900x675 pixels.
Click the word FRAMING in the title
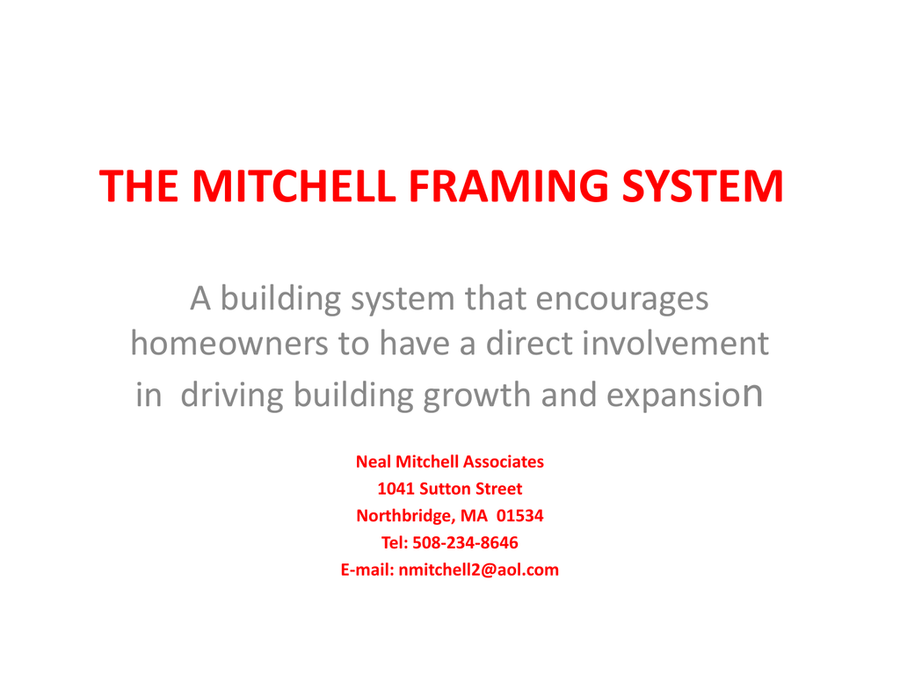pyautogui.click(x=509, y=186)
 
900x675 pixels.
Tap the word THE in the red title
pyautogui.click(x=139, y=186)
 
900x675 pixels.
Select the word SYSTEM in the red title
pyautogui.click(x=703, y=186)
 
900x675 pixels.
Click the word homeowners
pyautogui.click(x=229, y=344)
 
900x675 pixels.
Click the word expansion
pyautogui.click(x=686, y=394)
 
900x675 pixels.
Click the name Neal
pyautogui.click(x=373, y=461)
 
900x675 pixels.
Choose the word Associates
pyautogui.click(x=504, y=461)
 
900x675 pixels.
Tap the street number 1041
pyautogui.click(x=396, y=489)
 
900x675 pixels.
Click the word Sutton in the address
pyautogui.click(x=445, y=489)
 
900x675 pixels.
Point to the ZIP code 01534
pyautogui.click(x=520, y=515)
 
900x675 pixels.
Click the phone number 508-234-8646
pyautogui.click(x=466, y=542)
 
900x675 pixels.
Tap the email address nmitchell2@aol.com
pyautogui.click(x=479, y=570)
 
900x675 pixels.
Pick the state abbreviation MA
pyautogui.click(x=474, y=515)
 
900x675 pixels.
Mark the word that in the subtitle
pyautogui.click(x=496, y=299)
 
